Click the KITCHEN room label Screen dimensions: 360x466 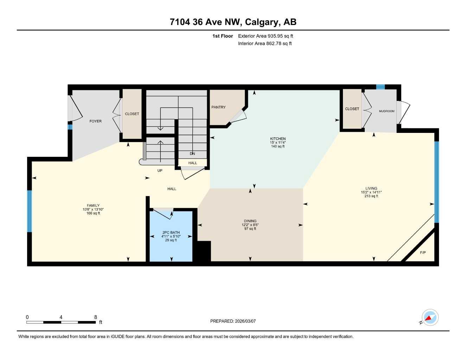click(277, 139)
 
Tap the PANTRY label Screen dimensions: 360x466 click(218, 107)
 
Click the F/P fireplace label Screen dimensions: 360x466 click(423, 253)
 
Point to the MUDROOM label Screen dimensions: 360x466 click(387, 111)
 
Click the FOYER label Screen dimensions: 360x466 click(95, 121)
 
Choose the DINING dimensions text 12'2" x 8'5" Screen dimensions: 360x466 click(250, 225)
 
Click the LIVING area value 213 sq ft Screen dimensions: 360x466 click(371, 196)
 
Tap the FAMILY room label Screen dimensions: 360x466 click(93, 206)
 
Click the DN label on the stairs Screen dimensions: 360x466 click(192, 154)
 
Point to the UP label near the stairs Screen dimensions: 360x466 click(160, 171)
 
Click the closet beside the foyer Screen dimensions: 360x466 click(132, 114)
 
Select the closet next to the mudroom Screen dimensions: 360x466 click(352, 109)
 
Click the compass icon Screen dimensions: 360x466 click(430, 317)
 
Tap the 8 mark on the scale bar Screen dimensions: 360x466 click(95, 317)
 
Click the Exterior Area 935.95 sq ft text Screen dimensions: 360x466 click(266, 36)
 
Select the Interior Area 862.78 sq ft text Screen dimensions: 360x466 click(265, 44)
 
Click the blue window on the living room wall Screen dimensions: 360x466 click(436, 182)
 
